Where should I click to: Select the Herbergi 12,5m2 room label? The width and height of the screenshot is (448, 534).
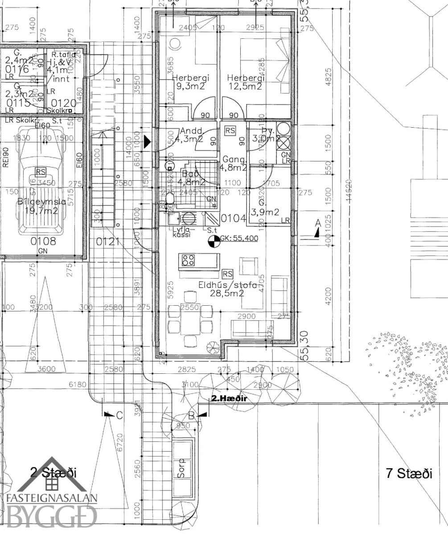click(245, 82)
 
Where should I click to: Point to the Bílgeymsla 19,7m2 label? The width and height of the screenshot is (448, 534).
click(41, 206)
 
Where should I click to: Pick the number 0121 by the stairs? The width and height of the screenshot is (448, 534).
click(108, 242)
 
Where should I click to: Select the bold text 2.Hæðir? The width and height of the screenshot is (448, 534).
click(229, 399)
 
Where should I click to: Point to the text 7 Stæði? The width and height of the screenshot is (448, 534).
click(409, 473)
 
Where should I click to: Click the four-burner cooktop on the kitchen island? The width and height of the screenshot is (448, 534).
click(187, 259)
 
